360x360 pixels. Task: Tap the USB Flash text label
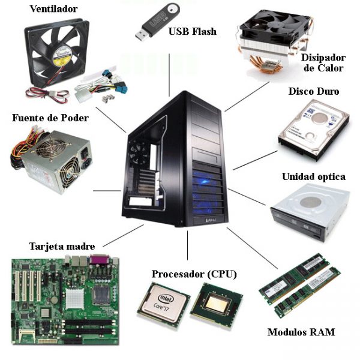coord(192,31)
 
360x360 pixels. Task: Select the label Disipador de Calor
coord(323,62)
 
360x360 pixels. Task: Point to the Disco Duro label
coord(313,92)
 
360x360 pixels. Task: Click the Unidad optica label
coord(313,177)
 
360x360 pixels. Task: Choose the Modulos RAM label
coord(301,332)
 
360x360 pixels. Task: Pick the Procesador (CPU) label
coord(194,274)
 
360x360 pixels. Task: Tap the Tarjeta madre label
coord(62,247)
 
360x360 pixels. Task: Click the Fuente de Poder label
coord(50,118)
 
